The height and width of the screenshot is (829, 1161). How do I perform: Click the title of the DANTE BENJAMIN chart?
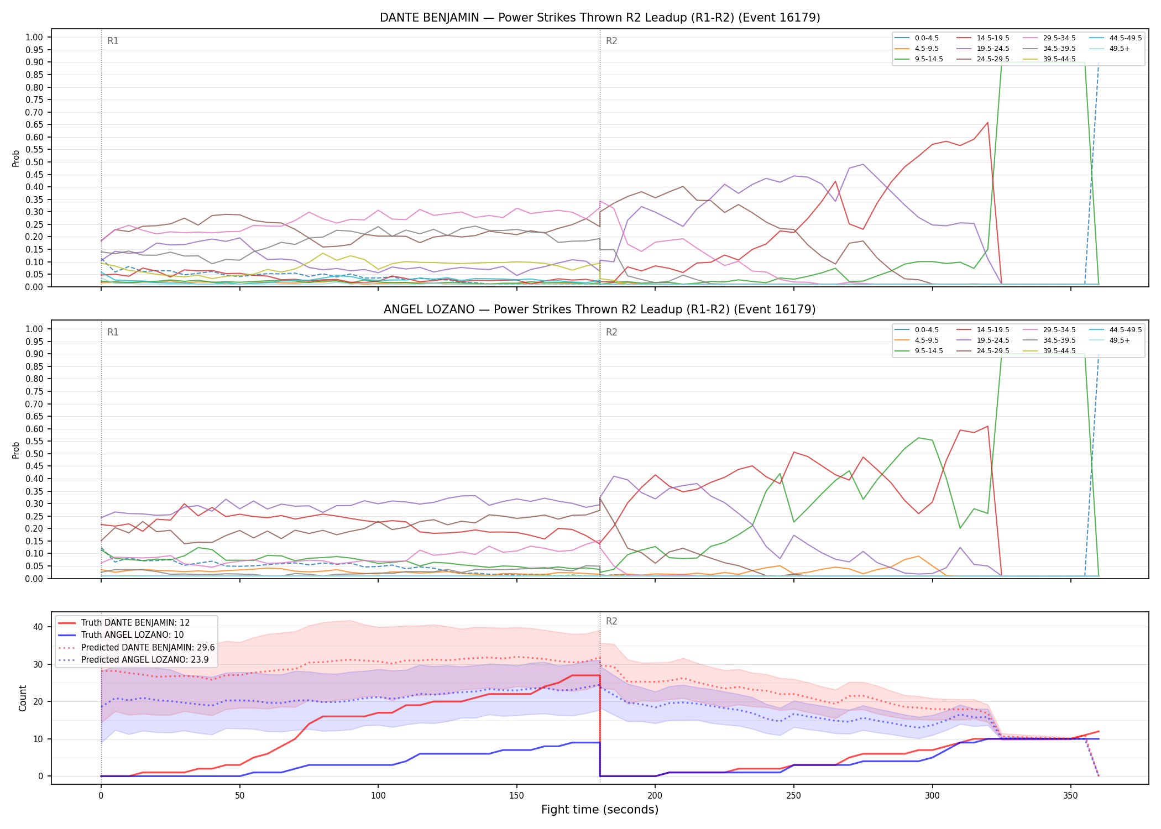600,18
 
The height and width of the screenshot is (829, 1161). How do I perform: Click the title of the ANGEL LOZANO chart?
600,309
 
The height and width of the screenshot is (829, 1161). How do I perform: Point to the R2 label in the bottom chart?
611,621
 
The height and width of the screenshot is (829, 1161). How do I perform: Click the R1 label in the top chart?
113,41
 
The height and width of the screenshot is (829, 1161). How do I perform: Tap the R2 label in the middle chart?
611,332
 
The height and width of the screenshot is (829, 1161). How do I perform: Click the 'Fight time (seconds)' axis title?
600,810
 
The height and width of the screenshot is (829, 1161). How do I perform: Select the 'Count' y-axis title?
23,698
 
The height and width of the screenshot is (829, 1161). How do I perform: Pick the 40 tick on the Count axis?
38,627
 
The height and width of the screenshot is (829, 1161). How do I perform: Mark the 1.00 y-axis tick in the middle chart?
34,329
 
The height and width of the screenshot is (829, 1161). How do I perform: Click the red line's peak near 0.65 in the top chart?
987,123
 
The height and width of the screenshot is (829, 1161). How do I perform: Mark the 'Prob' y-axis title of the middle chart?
16,450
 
